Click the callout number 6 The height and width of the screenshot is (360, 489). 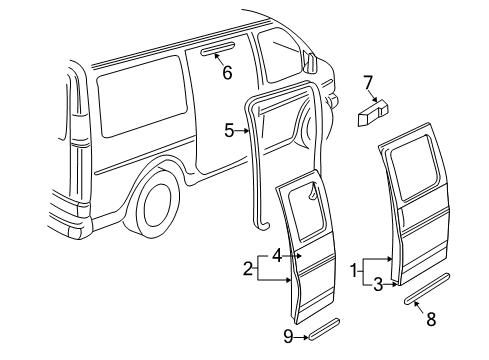click(227, 72)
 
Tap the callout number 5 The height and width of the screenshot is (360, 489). click(228, 130)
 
